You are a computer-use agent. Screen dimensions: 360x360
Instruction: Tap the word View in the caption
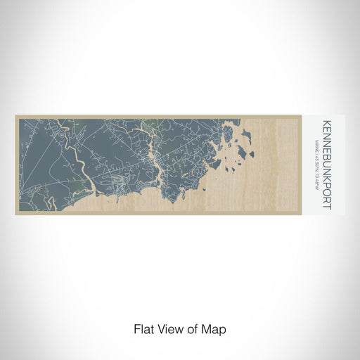(x=169, y=328)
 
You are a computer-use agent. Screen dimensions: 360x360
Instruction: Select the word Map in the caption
(x=217, y=328)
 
